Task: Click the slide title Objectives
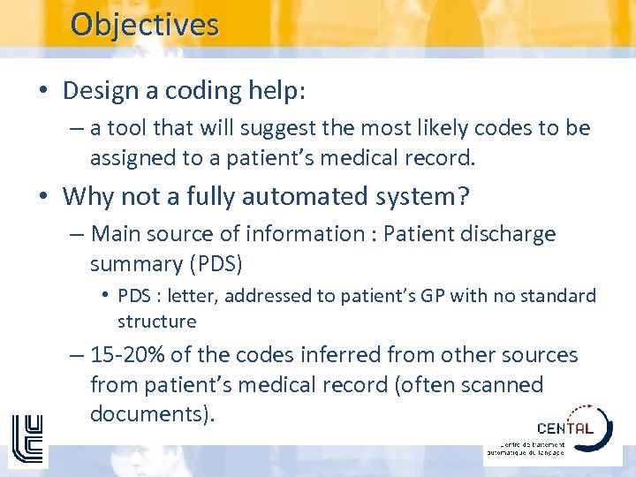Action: [144, 24]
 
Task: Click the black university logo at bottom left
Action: [26, 439]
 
